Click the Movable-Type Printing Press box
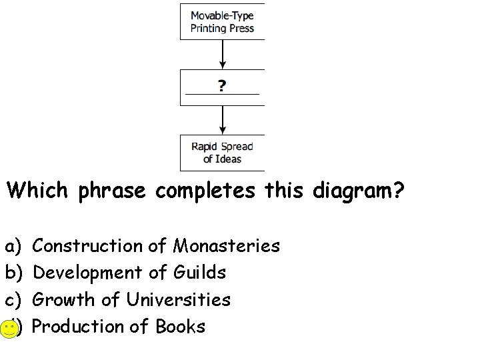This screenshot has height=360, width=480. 223,21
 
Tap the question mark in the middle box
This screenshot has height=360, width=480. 223,86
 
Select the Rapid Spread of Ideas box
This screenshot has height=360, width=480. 223,153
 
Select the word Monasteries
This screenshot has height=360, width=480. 227,246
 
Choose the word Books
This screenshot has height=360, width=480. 181,327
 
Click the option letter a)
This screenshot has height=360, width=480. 13,247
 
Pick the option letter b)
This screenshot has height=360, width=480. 13,273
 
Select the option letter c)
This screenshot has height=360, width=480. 13,300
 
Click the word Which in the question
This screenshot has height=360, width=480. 39,191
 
